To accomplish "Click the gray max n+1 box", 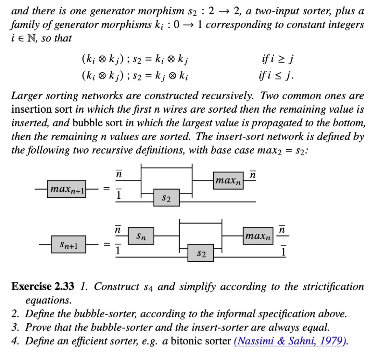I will [x=67, y=189].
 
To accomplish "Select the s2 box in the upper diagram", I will [x=167, y=198].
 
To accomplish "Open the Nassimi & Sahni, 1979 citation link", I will [x=290, y=341].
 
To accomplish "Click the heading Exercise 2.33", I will [x=43, y=287].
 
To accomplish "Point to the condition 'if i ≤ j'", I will [x=277, y=75].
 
